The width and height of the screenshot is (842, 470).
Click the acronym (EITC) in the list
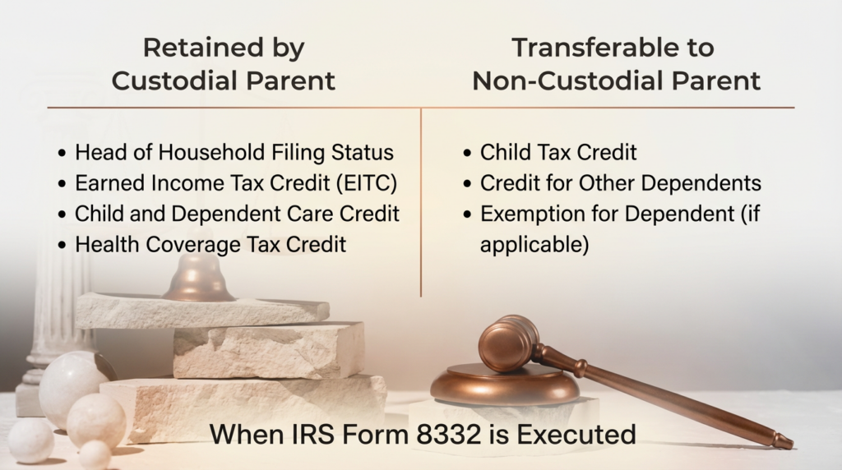pyautogui.click(x=367, y=183)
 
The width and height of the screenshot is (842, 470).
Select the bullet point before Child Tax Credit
pyautogui.click(x=467, y=154)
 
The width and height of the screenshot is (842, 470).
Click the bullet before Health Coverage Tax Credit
pyautogui.click(x=62, y=246)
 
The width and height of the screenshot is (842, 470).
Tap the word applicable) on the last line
pyautogui.click(x=534, y=245)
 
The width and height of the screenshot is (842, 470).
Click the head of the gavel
pyautogui.click(x=507, y=343)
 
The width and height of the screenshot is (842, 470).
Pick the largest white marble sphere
pyautogui.click(x=69, y=381)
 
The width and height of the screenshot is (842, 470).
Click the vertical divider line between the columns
pyautogui.click(x=421, y=203)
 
